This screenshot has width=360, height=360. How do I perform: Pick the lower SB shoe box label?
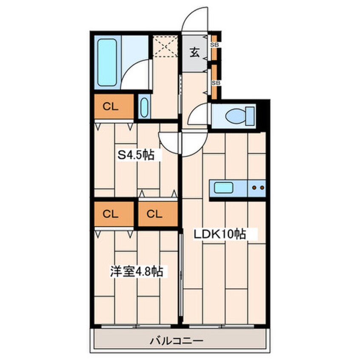(215, 83)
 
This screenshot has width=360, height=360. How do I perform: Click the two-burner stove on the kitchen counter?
(258, 188)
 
